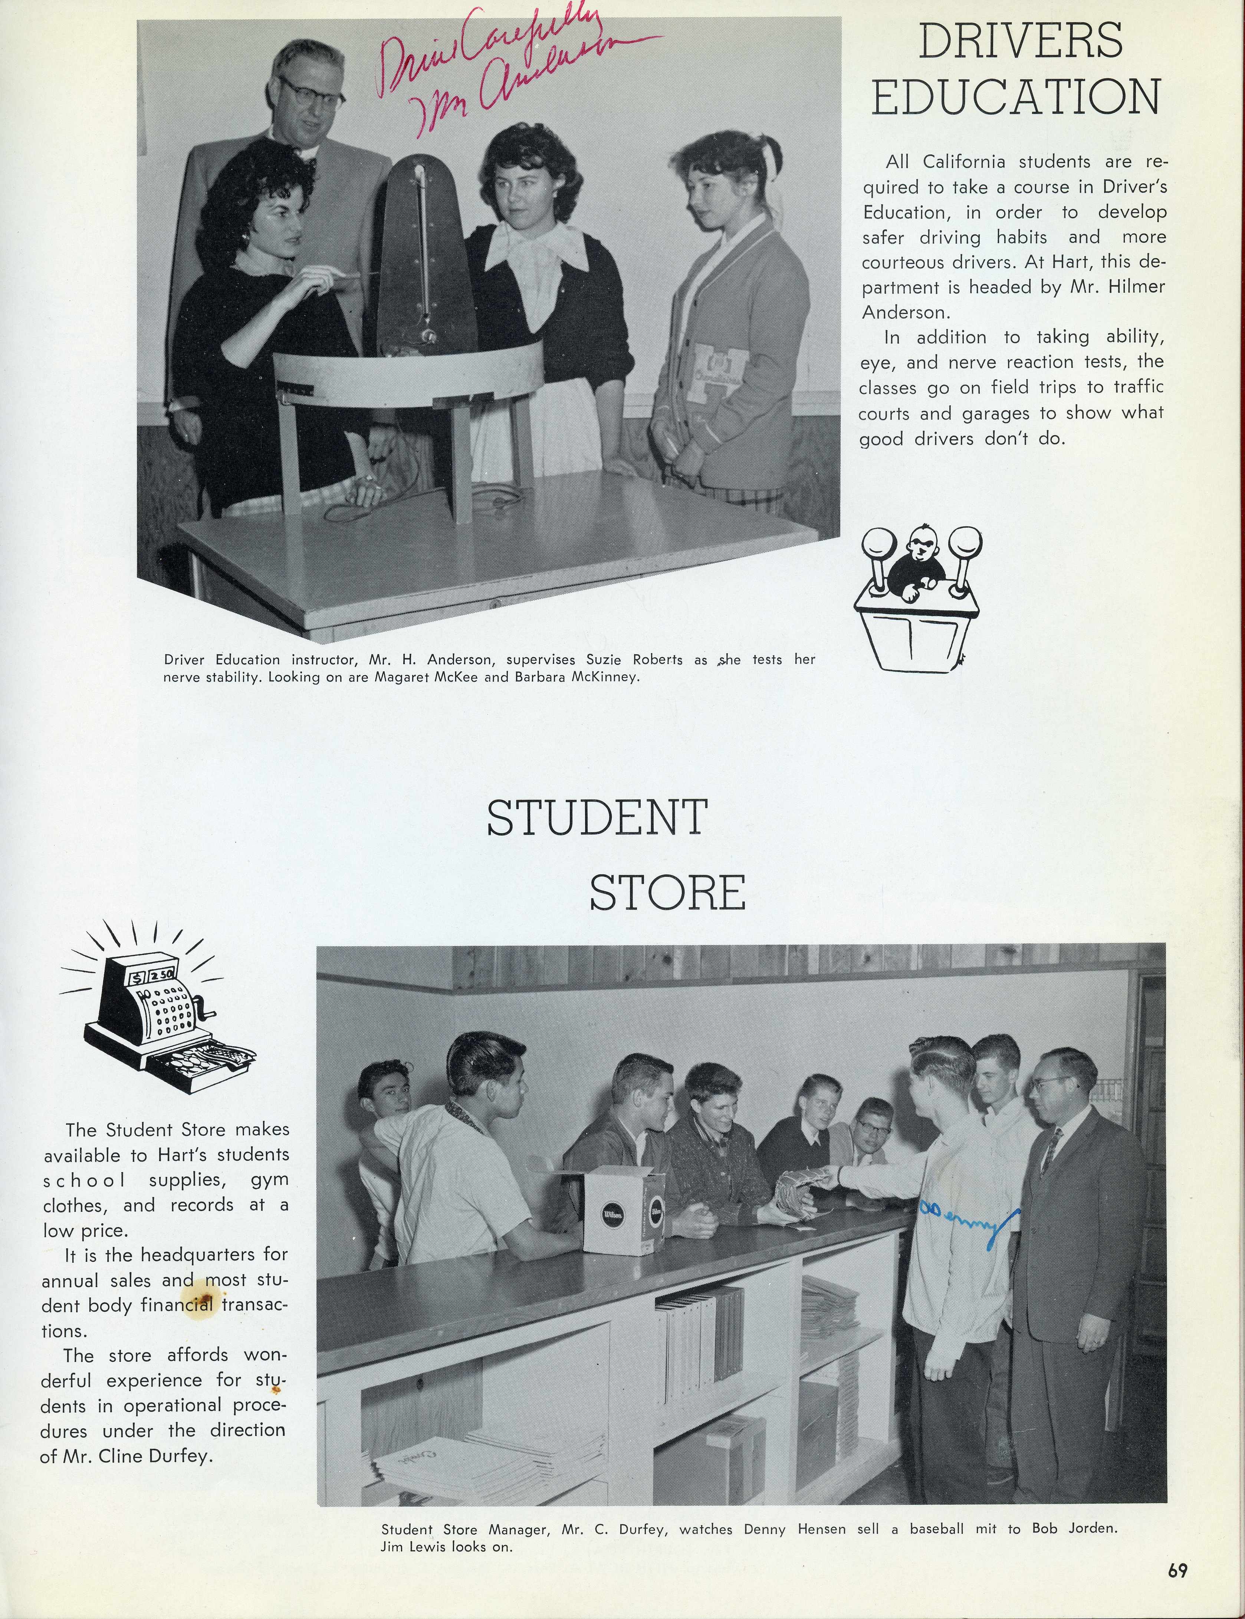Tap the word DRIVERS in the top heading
[x=1021, y=42]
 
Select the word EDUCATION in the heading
[x=1015, y=97]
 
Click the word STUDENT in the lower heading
[x=597, y=817]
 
